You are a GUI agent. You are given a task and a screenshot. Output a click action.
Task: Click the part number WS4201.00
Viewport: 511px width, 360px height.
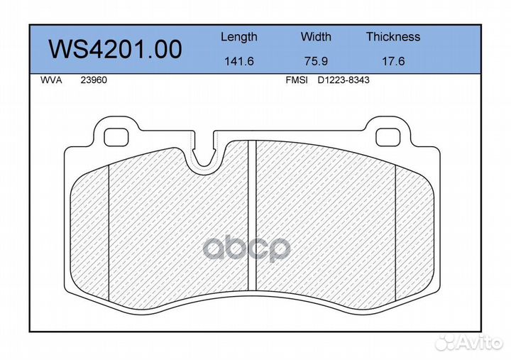115,49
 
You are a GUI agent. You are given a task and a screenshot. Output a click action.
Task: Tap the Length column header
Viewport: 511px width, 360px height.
239,37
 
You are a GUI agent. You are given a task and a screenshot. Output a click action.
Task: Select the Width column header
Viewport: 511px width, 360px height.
316,36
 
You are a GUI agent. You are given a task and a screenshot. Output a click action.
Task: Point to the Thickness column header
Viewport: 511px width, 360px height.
393,36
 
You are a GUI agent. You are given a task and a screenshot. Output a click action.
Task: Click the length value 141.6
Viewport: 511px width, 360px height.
239,61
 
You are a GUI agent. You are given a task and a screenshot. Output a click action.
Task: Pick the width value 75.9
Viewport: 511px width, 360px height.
316,61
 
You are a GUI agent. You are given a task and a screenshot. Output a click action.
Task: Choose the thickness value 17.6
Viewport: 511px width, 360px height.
393,61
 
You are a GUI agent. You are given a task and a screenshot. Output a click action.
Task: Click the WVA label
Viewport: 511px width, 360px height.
51,80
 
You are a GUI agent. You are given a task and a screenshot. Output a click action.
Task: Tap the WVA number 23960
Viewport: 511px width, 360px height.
94,80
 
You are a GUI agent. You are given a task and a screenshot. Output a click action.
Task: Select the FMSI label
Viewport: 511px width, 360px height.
297,80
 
